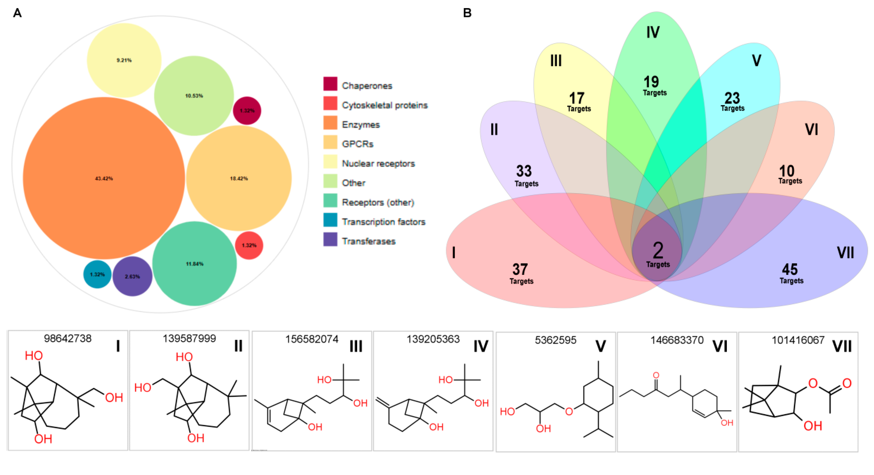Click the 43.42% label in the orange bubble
click(x=104, y=178)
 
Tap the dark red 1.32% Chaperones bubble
click(x=247, y=111)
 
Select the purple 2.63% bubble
click(x=132, y=276)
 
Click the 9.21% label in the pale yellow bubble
click(x=124, y=60)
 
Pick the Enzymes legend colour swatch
click(x=330, y=123)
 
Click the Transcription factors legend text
click(x=383, y=222)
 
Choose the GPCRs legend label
click(x=357, y=144)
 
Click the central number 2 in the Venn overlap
click(x=658, y=250)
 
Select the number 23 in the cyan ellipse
click(x=732, y=98)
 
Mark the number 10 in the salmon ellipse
click(x=786, y=171)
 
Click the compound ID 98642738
click(x=68, y=339)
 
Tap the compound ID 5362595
click(x=555, y=340)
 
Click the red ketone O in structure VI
click(x=656, y=375)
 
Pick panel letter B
click(x=467, y=13)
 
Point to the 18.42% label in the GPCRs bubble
click(x=239, y=178)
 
